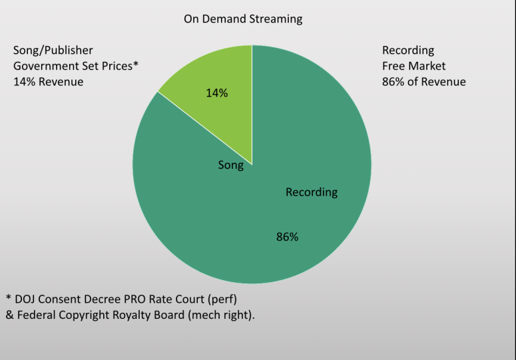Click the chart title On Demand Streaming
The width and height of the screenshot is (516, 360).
coord(243,19)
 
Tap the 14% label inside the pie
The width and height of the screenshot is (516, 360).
coord(216,93)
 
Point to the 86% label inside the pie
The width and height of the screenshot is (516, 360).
coord(287,236)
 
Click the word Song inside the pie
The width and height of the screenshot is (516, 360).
coord(231,165)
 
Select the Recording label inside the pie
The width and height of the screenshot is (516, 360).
coord(312,192)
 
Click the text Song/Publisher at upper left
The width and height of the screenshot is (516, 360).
coord(53,51)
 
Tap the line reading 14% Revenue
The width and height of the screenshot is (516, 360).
coord(49,81)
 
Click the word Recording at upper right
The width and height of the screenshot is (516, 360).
coord(407,51)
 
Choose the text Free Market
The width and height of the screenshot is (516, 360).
coord(413,66)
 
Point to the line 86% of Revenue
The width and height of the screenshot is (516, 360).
coord(423,81)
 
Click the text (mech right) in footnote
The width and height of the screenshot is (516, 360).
coord(220,315)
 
